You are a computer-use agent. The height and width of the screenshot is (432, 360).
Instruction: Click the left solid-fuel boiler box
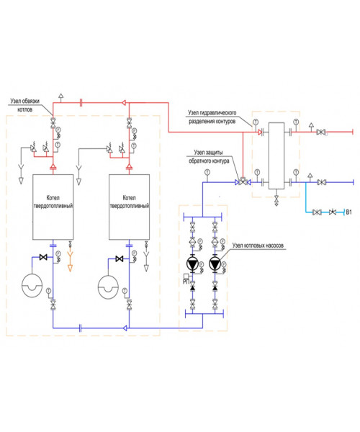coord(53,207)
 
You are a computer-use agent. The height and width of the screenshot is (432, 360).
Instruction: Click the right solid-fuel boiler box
coord(129,207)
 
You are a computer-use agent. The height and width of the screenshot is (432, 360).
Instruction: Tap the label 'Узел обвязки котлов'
coord(24,105)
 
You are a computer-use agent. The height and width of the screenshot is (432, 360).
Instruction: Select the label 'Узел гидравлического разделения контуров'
coord(212,117)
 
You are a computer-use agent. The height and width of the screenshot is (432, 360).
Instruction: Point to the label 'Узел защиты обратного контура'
coord(209,156)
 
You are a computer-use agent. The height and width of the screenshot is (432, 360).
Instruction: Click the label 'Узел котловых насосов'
coord(258,246)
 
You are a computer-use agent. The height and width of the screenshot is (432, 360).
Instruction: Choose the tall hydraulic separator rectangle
coord(276,156)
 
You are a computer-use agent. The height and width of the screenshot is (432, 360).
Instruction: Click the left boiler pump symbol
coord(192,264)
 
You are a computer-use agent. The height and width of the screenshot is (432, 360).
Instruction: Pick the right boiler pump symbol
coord(215,264)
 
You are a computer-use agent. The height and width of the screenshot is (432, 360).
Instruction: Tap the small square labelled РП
coord(186,276)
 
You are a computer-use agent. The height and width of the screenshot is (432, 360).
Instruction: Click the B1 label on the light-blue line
coord(348,212)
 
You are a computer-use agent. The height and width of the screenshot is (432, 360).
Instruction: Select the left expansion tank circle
coord(32,285)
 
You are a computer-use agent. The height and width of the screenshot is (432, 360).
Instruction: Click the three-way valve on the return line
coord(243,182)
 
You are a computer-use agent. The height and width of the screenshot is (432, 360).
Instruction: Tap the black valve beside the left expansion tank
coord(43,257)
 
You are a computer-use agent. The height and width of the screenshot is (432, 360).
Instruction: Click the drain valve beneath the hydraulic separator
coord(276,199)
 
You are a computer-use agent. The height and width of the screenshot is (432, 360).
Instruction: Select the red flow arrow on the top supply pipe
coord(124,103)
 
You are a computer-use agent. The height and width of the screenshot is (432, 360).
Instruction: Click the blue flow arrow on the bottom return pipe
coord(125,328)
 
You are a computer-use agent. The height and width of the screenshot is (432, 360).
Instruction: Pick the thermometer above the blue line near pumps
coord(207,173)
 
